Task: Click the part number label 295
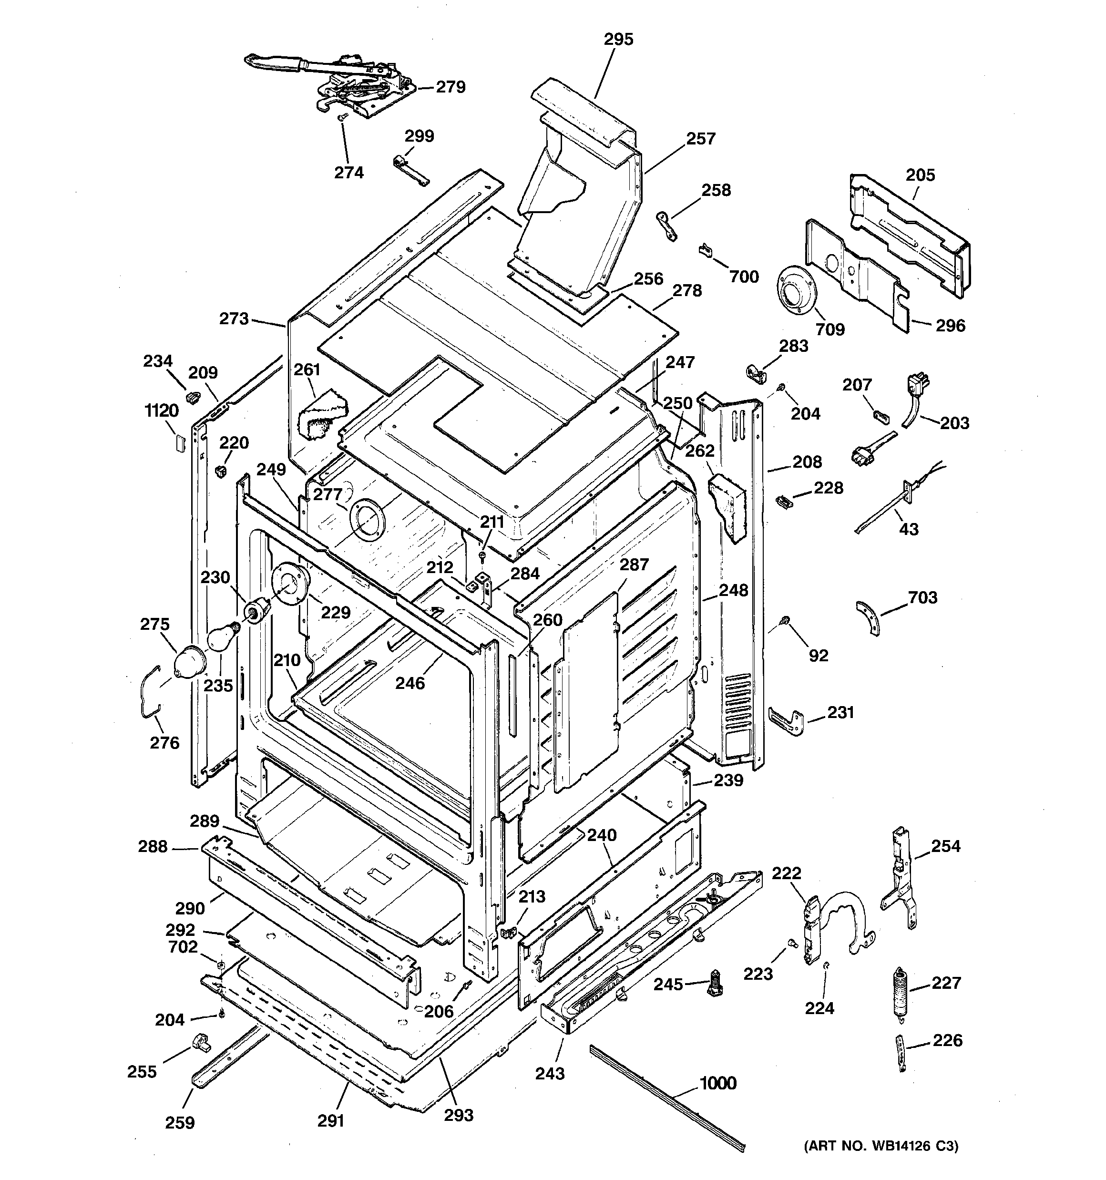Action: click(x=619, y=39)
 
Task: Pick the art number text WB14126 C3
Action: click(x=881, y=1146)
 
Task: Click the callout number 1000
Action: click(x=718, y=1083)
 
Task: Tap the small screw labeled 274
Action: click(x=342, y=119)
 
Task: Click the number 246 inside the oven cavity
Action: click(x=410, y=683)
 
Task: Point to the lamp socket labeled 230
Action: click(x=257, y=610)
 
